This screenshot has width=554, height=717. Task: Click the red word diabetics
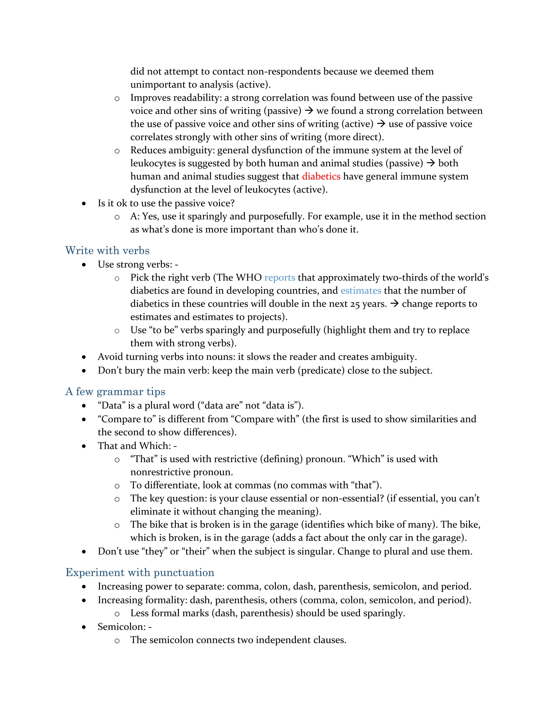(321, 176)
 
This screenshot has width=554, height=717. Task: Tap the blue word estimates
(361, 291)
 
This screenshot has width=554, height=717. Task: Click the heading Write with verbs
(107, 251)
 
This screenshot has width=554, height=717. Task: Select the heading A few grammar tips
(115, 392)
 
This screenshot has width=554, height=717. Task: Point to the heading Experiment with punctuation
(140, 572)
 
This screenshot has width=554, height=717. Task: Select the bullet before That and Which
(84, 446)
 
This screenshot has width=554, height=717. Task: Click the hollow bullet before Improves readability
(117, 98)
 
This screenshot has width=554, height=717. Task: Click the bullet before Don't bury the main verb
(84, 371)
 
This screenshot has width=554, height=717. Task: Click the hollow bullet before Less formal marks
(117, 614)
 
